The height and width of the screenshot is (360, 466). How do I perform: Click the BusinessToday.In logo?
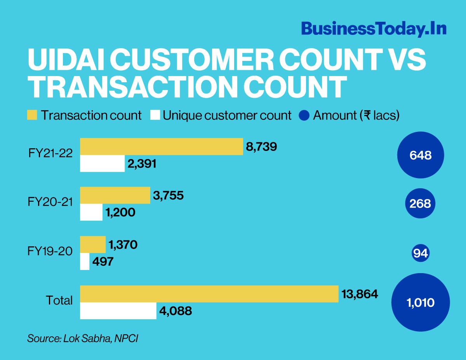373,29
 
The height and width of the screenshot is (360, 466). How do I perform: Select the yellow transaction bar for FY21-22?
161,146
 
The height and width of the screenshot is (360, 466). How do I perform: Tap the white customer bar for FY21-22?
102,164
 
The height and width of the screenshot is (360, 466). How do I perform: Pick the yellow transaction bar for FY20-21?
115,195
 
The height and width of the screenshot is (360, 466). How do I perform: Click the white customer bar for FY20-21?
91,212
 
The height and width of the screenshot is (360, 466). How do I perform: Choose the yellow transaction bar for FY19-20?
93,244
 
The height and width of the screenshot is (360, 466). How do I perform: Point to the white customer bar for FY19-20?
85,261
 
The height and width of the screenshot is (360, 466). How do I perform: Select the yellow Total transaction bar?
209,294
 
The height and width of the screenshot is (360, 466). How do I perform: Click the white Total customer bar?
118,311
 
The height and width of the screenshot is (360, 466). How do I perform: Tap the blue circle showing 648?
421,155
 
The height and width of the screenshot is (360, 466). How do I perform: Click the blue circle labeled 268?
421,204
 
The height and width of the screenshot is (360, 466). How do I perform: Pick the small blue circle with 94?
421,253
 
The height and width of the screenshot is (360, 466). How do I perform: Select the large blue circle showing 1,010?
421,303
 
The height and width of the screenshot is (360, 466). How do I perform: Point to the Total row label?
59,300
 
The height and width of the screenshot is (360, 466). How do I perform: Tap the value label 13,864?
360,294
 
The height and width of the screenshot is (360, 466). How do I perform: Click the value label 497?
103,262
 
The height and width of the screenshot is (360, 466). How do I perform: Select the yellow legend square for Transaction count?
33,115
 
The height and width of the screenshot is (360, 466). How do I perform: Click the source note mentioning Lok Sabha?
83,338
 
